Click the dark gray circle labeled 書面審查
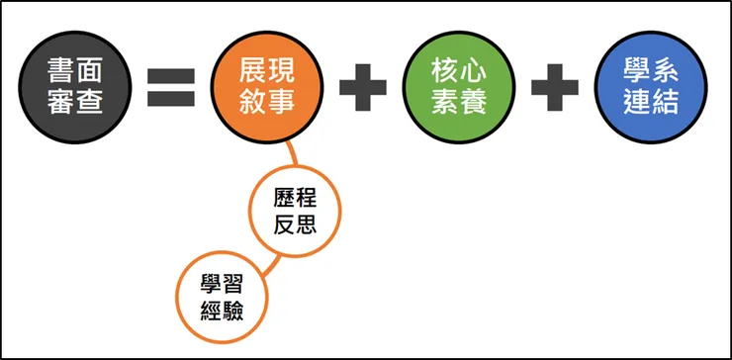(75, 86)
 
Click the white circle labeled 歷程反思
(294, 212)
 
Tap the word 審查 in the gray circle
(75, 101)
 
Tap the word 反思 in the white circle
(294, 225)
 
